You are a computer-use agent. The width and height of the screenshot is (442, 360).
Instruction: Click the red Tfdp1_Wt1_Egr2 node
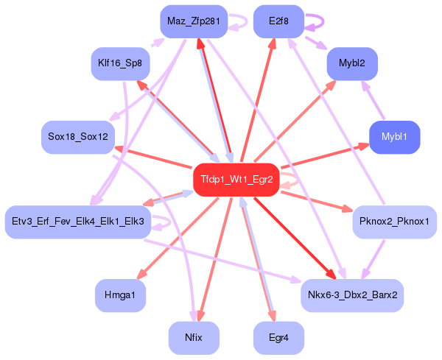coord(236,180)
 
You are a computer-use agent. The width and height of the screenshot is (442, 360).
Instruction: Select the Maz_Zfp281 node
coord(194,21)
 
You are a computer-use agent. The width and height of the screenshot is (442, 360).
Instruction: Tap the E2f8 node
coord(278,21)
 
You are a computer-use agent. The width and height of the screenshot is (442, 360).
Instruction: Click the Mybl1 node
coord(394,137)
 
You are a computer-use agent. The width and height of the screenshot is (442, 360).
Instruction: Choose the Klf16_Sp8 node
coord(120,63)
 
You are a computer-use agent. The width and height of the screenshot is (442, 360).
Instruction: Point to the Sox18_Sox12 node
coord(77,137)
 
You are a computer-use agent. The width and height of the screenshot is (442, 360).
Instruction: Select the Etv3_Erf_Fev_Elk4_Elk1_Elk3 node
coord(78,221)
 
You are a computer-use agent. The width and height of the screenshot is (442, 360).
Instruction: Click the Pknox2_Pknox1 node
coord(394,221)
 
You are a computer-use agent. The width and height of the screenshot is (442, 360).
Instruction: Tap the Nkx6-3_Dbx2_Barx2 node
coord(352,294)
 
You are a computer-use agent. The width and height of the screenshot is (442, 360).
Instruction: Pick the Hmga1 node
coord(120,294)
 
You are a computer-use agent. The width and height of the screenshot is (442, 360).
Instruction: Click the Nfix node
coord(194,338)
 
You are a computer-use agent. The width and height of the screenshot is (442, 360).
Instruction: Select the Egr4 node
coord(278,338)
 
